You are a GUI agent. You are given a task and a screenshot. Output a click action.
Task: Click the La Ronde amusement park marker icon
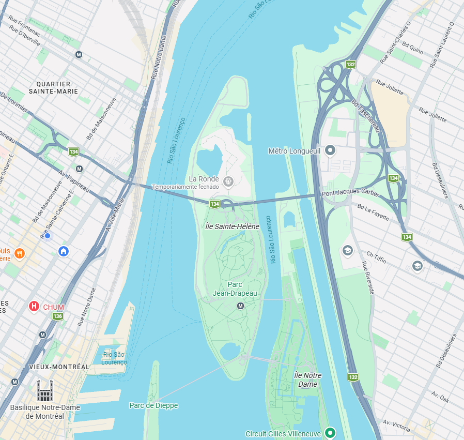click(228, 181)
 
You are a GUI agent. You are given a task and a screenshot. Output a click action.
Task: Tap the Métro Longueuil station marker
click(330, 151)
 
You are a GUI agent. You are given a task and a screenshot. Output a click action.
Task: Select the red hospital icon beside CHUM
click(34, 307)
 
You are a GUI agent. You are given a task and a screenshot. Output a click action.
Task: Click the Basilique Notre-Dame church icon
click(44, 391)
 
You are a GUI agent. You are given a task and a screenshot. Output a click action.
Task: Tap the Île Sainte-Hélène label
click(232, 226)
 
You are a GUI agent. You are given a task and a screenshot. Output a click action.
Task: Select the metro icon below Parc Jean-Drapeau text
click(240, 306)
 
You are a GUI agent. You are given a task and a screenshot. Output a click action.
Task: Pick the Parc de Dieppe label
click(153, 405)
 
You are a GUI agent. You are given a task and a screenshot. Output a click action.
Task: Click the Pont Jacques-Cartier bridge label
click(350, 194)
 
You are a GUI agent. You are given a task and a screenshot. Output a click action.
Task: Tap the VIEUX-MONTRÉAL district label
click(59, 367)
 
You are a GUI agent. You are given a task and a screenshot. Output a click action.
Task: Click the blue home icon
click(64, 251)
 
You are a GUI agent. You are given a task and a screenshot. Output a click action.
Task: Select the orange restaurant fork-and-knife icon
click(20, 253)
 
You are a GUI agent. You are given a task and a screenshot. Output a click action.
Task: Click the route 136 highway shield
click(58, 316)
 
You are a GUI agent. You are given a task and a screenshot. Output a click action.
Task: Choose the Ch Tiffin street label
click(376, 257)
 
